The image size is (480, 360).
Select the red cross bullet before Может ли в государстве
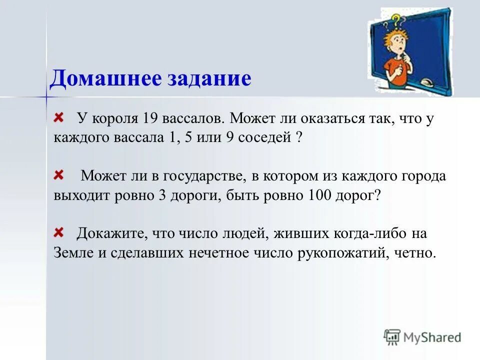click(59, 174)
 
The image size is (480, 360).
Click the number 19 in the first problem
click(150, 119)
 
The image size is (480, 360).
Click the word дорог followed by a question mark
click(356, 195)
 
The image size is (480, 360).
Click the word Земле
click(73, 252)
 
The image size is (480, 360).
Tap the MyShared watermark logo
click(422, 337)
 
